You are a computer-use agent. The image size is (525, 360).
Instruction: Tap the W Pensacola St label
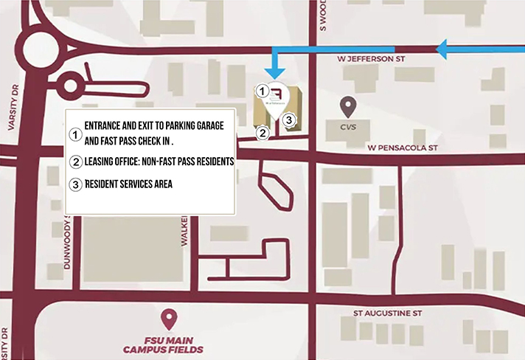(x=403, y=148)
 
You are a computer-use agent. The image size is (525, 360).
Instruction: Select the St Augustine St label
(x=387, y=313)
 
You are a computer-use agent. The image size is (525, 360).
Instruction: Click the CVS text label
(x=348, y=126)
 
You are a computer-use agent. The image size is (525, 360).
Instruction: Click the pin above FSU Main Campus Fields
(x=171, y=319)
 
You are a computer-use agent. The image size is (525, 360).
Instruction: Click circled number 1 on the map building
(x=262, y=91)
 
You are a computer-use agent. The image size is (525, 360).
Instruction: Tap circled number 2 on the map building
(x=262, y=134)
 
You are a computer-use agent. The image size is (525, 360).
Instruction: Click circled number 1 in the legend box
(x=74, y=135)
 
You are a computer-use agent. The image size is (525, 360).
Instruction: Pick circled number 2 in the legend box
(x=74, y=162)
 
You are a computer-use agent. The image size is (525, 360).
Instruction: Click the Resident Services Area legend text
(x=128, y=184)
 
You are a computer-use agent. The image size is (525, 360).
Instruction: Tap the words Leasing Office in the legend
(x=117, y=161)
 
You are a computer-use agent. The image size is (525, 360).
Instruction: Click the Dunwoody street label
(x=67, y=242)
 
